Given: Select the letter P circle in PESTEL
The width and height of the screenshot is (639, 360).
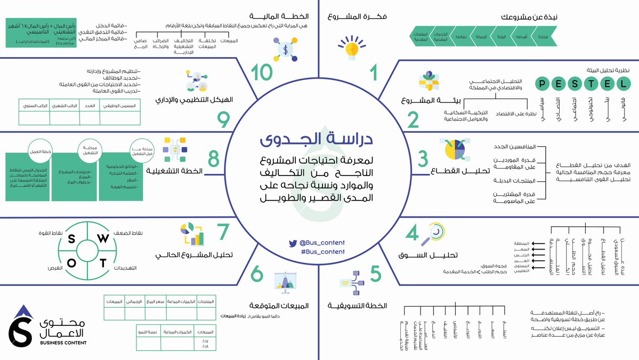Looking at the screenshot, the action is (543, 84).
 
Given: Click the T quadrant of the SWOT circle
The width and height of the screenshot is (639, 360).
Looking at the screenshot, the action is (103, 262).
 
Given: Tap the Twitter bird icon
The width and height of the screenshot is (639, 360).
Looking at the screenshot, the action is (293, 243).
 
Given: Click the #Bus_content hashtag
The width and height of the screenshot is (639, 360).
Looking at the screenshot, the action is (322, 252).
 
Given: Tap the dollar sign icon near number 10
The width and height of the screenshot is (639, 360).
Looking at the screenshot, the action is (286, 50).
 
